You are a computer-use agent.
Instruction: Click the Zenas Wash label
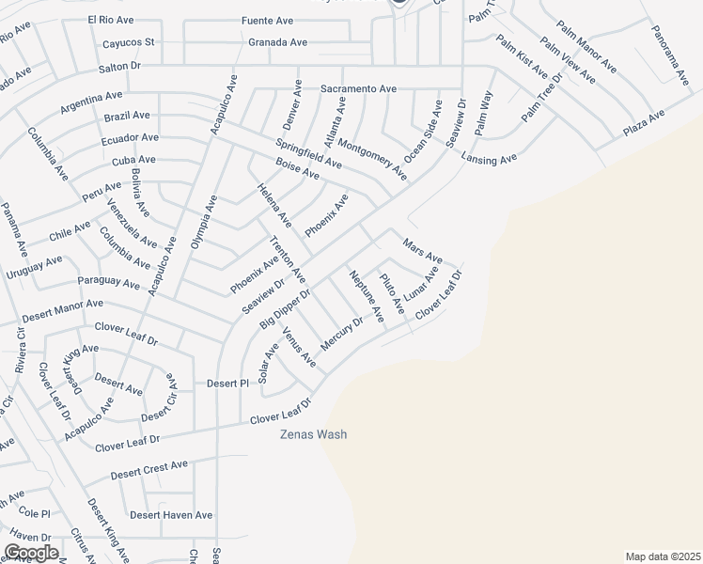point(314,434)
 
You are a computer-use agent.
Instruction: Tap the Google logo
point(31,553)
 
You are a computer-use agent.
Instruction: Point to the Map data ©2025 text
point(664,556)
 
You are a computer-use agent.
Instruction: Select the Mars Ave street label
point(422,251)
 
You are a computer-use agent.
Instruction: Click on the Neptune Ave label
point(367,297)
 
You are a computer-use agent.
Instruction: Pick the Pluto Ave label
point(392,293)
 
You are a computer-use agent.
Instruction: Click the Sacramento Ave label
point(358,88)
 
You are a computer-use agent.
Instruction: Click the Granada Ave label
point(277,42)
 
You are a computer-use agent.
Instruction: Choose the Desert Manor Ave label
point(63,305)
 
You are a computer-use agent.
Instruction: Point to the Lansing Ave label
point(489,160)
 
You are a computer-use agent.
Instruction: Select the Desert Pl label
point(227,384)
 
